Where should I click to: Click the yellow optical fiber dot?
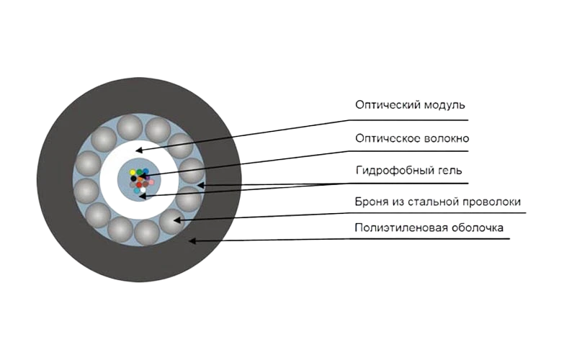click(133, 172)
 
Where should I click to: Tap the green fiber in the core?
click(139, 172)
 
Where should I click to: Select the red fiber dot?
click(139, 185)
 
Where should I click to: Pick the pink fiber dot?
click(151, 182)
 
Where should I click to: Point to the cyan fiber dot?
click(137, 191)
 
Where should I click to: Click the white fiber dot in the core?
click(143, 189)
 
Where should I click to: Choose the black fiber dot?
click(133, 179)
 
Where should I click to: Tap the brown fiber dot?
click(146, 184)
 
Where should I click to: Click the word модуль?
click(444, 105)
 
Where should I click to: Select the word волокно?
click(446, 138)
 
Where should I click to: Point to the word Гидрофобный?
click(391, 170)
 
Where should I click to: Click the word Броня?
click(367, 202)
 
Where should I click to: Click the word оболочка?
click(478, 228)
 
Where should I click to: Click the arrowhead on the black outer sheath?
click(192, 240)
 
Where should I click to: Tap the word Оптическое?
click(387, 138)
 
